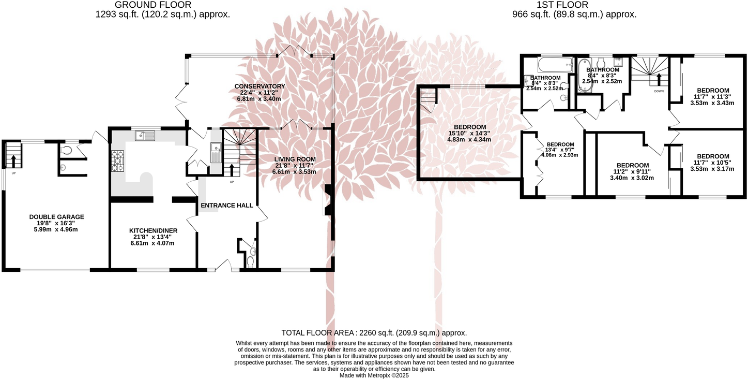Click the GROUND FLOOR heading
162,5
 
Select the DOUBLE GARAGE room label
56,217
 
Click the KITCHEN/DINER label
153,230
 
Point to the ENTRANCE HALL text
226,205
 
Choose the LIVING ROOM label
295,159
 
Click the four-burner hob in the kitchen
117,161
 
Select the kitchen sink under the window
145,136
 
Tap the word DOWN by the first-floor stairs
659,91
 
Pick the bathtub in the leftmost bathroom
555,65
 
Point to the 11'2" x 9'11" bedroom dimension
632,172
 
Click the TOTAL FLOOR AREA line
374,333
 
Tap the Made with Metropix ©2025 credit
374,375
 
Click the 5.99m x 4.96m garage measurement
56,229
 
